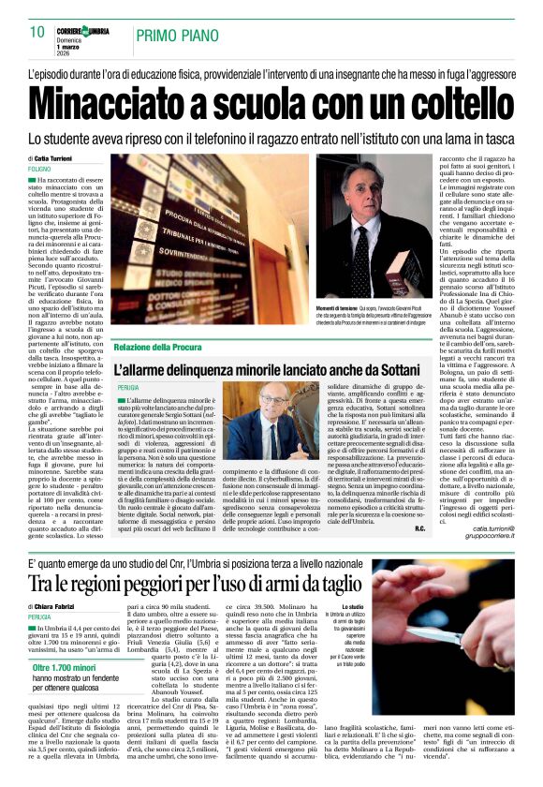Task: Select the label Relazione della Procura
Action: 158,349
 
